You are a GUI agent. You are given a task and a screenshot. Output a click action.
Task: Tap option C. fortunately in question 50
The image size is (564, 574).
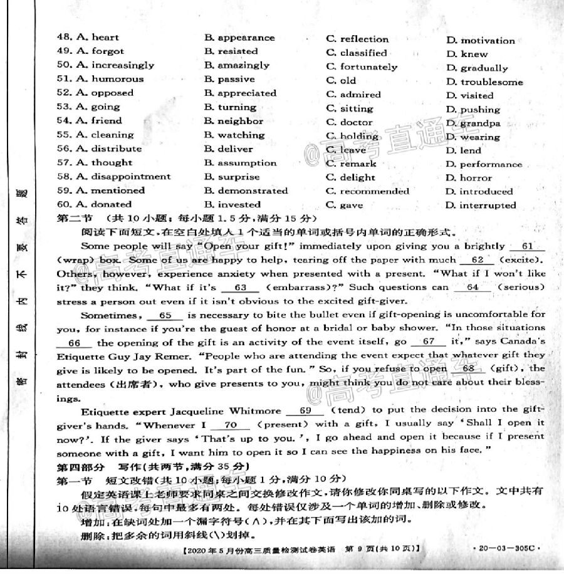(362, 67)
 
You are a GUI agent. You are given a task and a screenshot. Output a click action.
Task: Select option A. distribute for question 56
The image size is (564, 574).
(108, 149)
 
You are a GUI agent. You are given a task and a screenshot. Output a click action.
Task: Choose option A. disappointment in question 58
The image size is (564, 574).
(123, 177)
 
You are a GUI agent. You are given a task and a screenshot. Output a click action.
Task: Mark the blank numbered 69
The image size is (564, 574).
(305, 411)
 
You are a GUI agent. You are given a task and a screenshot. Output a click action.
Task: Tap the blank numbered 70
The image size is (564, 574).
(228, 425)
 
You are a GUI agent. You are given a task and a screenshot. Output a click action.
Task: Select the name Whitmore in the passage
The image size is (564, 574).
(251, 412)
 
